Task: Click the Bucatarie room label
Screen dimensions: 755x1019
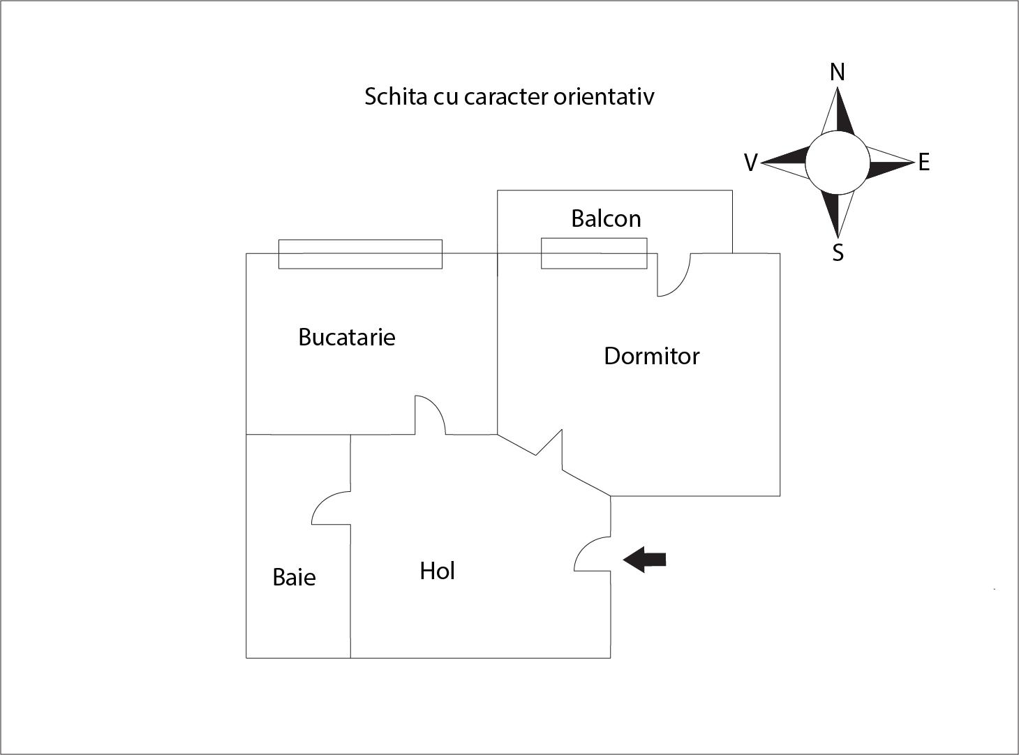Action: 346,338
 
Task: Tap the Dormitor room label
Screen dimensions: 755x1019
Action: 651,357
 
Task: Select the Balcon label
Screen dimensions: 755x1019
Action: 606,219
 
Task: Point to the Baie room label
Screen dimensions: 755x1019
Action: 294,578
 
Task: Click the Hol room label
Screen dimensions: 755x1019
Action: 437,571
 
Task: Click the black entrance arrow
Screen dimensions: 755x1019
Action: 645,560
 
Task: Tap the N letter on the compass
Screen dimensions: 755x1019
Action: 838,73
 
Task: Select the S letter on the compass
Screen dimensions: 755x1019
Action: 838,253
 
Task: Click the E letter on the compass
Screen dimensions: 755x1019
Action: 924,163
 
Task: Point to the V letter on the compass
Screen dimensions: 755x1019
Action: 750,163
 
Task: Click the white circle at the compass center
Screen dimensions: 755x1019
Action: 838,163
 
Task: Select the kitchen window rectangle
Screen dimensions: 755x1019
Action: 360,254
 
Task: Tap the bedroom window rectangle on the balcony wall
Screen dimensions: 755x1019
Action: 594,253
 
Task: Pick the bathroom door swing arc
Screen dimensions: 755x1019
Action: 329,509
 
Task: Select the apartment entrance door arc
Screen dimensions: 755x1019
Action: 592,555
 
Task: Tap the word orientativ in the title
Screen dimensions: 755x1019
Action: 604,96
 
